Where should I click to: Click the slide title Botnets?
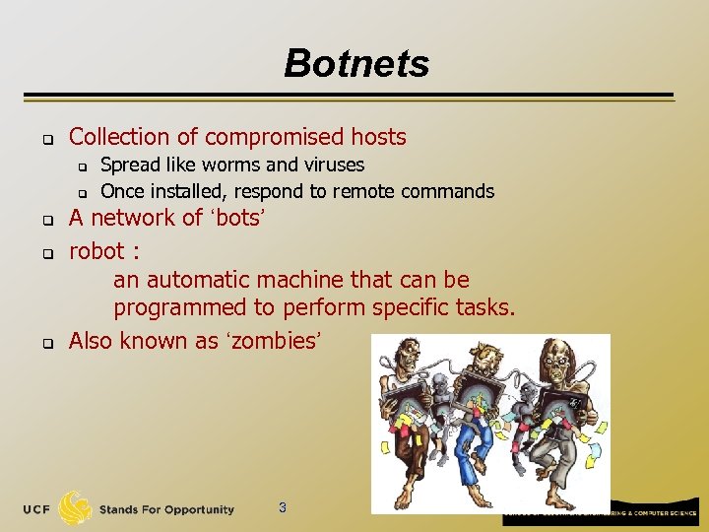(x=356, y=64)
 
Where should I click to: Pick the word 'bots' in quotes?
(x=236, y=218)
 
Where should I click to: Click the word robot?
(x=97, y=251)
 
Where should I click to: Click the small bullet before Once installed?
(x=84, y=192)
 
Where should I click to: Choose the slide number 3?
(x=283, y=508)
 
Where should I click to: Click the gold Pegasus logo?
(x=75, y=508)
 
